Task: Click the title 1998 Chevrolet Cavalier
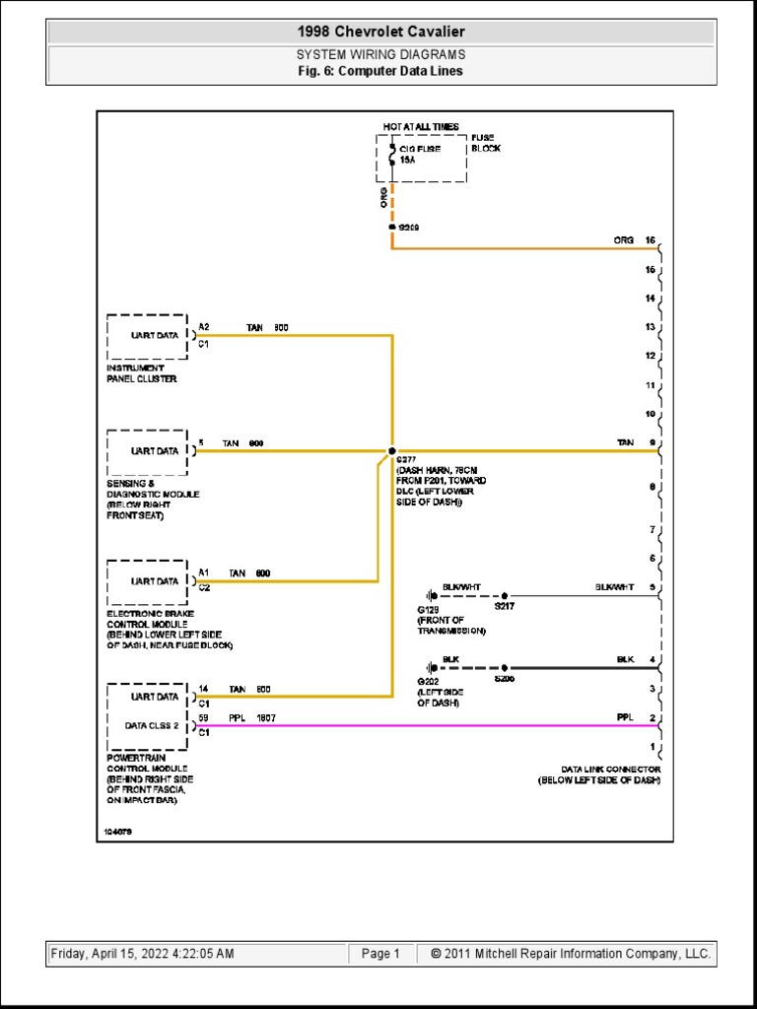380,32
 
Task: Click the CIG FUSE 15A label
420,153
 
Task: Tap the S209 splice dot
392,228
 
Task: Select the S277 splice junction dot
392,450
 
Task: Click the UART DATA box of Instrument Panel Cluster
148,336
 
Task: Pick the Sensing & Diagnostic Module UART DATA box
148,451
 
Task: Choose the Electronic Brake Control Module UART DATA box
148,581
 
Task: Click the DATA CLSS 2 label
152,725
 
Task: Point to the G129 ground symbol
432,596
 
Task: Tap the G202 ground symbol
432,667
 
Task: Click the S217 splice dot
505,596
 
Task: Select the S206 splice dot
505,667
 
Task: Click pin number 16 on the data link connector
651,240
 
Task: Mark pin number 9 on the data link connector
652,443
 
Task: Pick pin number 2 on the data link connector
652,717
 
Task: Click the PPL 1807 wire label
252,718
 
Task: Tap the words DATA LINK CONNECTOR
611,769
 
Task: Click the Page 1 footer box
381,954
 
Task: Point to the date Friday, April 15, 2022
142,954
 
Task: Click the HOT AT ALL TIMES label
421,127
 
